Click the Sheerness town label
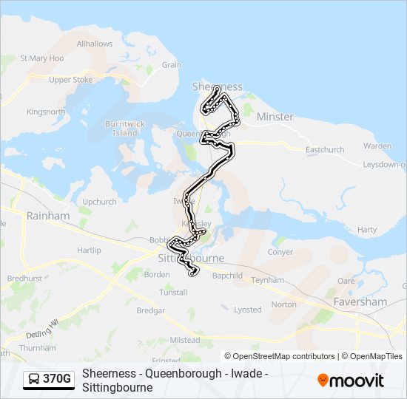217,86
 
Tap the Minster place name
275,117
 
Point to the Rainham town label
47,216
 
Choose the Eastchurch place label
325,149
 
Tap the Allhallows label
95,44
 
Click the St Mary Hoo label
41,58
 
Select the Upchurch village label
99,201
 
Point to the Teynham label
267,281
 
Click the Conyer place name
280,251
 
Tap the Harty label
366,230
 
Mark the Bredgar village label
150,311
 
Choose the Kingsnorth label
46,112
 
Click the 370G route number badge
57,379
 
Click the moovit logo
351,381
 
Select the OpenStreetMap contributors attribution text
279,356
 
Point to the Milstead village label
185,340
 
